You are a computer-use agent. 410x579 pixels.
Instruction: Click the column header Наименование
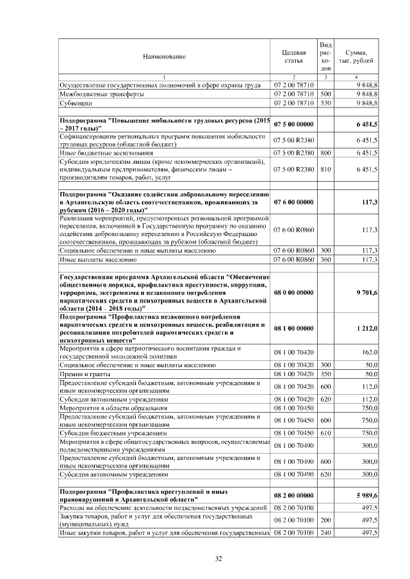(164, 56)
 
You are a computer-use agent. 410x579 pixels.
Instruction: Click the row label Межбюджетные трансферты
(97, 93)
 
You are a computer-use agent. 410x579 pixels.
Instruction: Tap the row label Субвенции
(76, 102)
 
